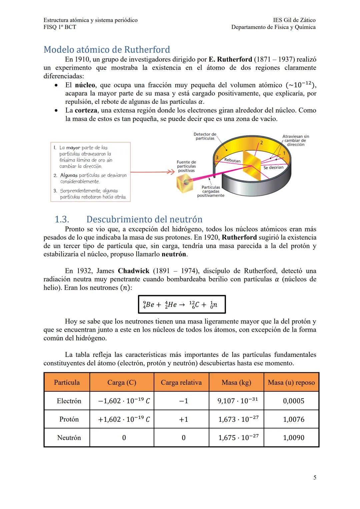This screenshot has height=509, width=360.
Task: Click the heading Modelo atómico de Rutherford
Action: point(107,50)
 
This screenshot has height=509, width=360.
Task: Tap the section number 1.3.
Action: point(62,219)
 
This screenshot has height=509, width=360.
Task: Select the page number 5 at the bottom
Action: point(315,478)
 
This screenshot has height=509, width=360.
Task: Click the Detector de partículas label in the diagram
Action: point(205,136)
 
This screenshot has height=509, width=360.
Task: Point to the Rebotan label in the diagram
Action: point(232,160)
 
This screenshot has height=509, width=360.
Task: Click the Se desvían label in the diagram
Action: point(273,167)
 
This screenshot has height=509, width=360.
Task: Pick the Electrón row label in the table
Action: point(69,401)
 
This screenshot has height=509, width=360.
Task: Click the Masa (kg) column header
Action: point(236,382)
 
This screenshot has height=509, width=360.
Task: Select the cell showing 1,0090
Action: point(293,438)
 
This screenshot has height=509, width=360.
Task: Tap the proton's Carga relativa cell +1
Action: point(183,419)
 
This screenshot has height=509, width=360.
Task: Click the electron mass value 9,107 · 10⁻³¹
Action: point(237,401)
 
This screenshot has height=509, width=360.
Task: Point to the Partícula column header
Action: point(67,382)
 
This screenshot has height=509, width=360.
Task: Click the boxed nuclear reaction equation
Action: point(182,304)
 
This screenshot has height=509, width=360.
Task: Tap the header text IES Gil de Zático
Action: point(294,20)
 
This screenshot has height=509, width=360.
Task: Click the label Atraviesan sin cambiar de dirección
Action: point(295,140)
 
